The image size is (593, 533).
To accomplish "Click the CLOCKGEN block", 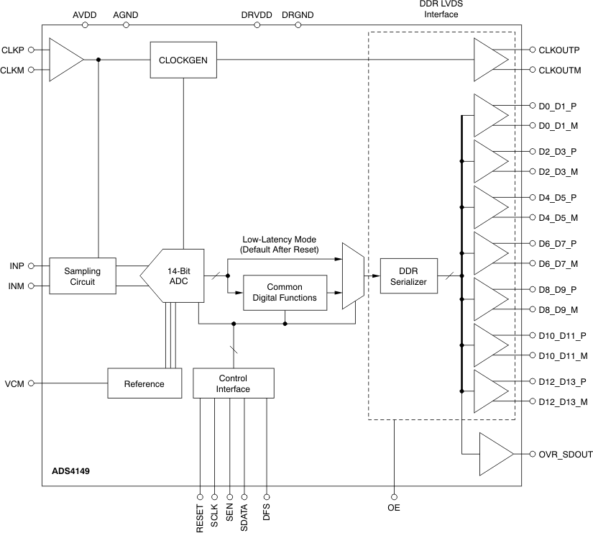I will pos(183,60).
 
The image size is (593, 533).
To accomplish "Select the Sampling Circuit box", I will pos(83,276).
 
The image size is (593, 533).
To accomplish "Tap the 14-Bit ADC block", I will pos(177,276).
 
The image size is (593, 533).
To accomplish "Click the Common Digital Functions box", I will pos(285,292).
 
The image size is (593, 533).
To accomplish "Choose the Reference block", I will pos(144,383).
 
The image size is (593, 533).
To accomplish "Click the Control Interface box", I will pos(233,383).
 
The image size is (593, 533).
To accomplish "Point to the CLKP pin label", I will pos(14,50).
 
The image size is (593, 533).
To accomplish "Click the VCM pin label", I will pos(15,383).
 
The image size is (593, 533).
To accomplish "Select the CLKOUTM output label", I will pos(559,70).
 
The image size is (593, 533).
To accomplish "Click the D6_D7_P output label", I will pos(558,243).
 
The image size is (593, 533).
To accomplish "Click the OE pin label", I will pos(393,507).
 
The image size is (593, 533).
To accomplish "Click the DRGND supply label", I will pos(297,14).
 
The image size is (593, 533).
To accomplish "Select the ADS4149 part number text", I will pos(70,472).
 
